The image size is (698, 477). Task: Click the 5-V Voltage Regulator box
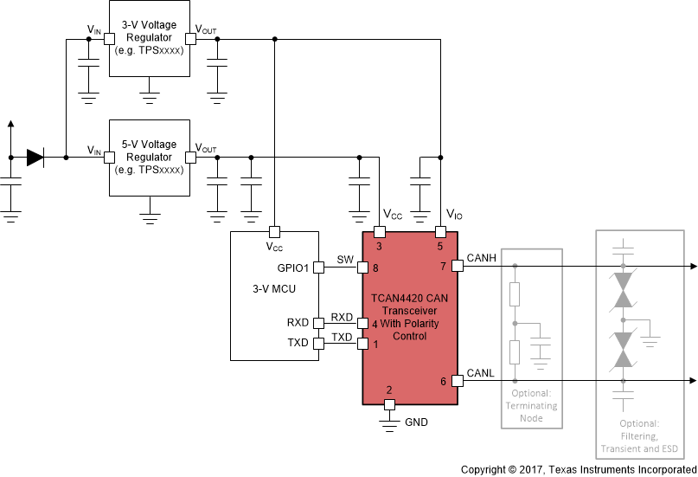pos(149,157)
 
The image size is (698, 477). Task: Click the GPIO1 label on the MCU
pos(293,268)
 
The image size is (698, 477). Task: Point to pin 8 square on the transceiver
pos(363,268)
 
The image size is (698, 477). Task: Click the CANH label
pos(481,257)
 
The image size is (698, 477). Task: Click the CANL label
pos(481,373)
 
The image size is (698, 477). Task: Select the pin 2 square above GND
pos(389,404)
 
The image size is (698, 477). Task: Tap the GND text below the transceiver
pos(416,422)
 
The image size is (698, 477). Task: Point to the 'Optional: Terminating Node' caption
pos(532,405)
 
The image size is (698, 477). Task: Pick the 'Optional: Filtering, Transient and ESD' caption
pos(639,437)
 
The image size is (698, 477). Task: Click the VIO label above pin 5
pos(454,214)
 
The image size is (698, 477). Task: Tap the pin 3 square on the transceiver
pos(379,232)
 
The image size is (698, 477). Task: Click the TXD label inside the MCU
pos(298,344)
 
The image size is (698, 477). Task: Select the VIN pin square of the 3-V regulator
pos(109,38)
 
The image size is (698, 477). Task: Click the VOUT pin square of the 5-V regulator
pos(190,157)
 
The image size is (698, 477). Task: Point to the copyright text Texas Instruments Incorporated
pos(579,469)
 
